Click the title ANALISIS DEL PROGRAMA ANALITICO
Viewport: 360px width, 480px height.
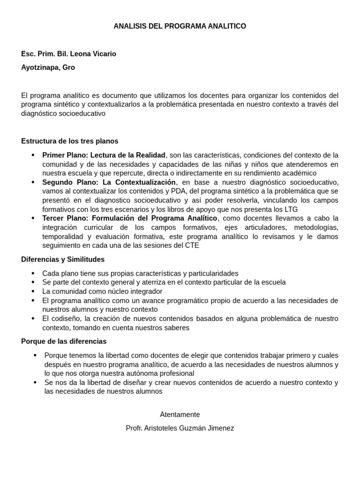[180, 26]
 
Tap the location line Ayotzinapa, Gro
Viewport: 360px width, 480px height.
[48, 67]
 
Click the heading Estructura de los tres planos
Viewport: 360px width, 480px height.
[70, 141]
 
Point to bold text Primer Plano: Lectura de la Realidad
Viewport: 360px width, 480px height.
[104, 155]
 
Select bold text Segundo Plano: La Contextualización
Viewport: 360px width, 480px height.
[109, 182]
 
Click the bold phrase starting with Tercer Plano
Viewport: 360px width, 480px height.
[130, 218]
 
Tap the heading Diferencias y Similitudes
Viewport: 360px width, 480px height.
[63, 259]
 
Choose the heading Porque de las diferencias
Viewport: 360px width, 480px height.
[64, 341]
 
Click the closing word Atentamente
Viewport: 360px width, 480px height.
[180, 414]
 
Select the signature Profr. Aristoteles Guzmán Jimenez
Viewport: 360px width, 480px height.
[180, 428]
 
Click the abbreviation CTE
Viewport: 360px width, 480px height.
[191, 246]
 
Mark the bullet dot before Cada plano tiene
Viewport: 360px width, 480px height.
[32, 273]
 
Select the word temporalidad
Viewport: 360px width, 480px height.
[63, 237]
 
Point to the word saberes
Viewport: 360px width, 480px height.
[173, 328]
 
